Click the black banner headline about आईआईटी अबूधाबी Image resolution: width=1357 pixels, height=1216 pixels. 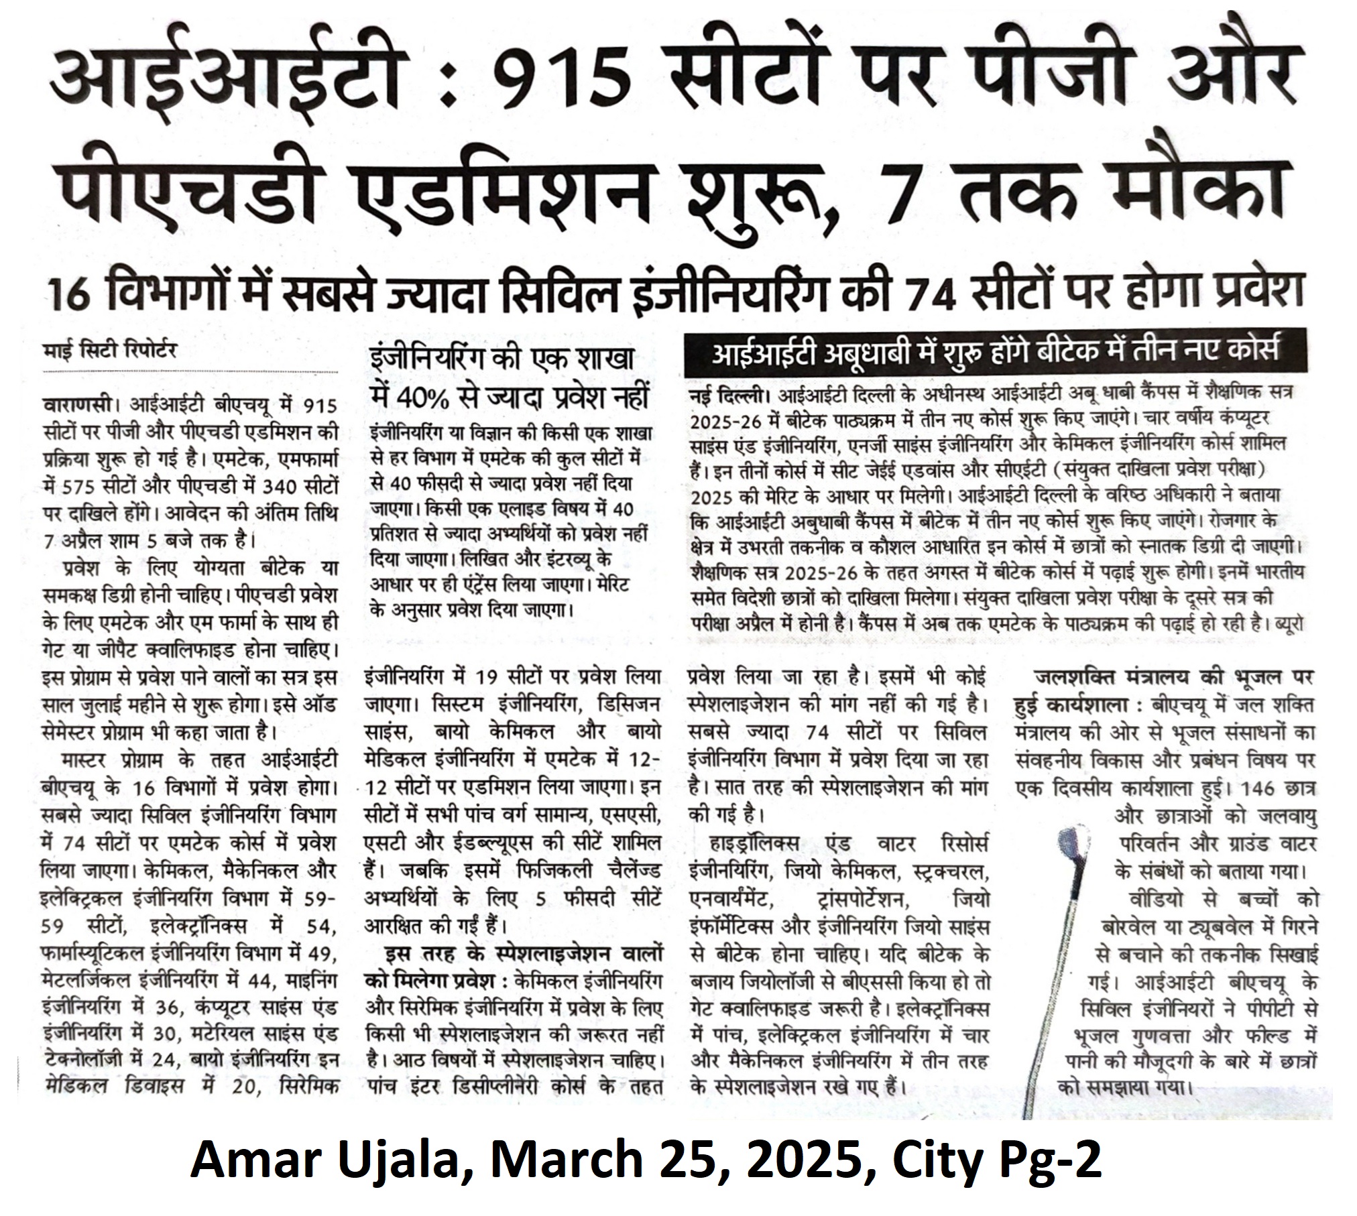(x=995, y=351)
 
